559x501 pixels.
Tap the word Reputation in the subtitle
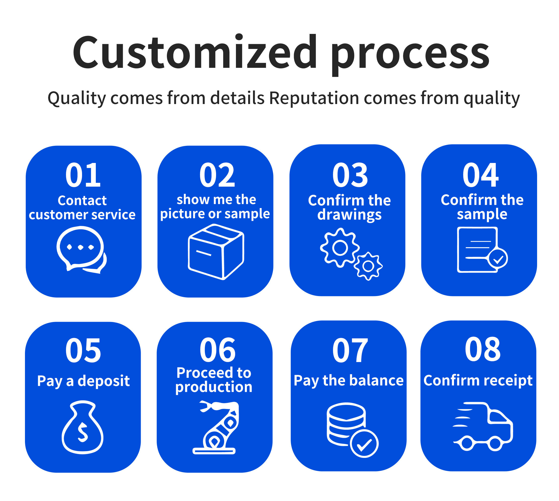(x=314, y=98)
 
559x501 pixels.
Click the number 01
(x=83, y=175)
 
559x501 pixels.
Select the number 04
(x=480, y=175)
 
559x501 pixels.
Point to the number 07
(x=350, y=350)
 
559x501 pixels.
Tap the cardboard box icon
(x=216, y=252)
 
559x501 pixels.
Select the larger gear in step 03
(x=340, y=248)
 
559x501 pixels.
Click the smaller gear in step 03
(x=368, y=266)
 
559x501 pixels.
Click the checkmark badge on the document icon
(x=498, y=258)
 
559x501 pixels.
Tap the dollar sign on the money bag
(x=83, y=432)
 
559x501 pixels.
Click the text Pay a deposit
(x=83, y=381)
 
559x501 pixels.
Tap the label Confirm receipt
(x=478, y=381)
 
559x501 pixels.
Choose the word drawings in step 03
(x=349, y=215)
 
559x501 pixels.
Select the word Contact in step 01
(x=82, y=200)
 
